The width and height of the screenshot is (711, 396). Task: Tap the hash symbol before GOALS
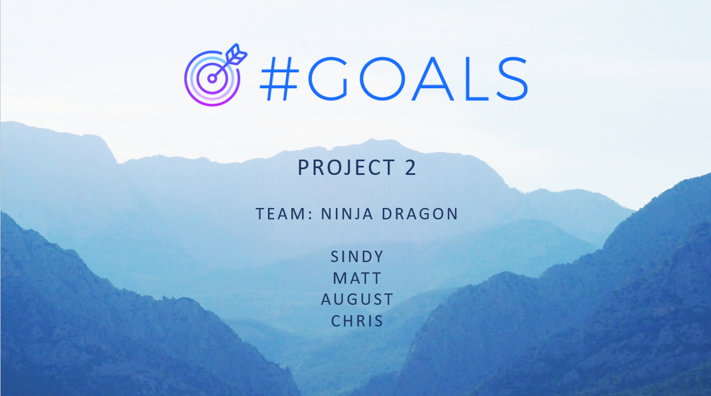pos(279,79)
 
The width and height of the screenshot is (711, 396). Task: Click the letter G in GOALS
pos(328,79)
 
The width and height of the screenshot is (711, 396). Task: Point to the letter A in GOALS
pos(433,79)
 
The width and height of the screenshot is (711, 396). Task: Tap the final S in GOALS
pos(512,79)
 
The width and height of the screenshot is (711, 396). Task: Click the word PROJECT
pos(346,168)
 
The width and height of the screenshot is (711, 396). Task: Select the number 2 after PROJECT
pos(411,167)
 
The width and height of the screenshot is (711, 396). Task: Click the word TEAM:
pos(285,214)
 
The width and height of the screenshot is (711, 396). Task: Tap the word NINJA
pos(347,214)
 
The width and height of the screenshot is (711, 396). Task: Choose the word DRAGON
pos(420,214)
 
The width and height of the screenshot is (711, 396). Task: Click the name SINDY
pos(357,257)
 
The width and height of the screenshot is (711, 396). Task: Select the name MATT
pos(357,278)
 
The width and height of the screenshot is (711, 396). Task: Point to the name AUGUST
pos(357,300)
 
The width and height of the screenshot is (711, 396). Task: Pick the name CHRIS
pos(357,321)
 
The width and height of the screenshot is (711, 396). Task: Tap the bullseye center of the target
pos(212,79)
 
